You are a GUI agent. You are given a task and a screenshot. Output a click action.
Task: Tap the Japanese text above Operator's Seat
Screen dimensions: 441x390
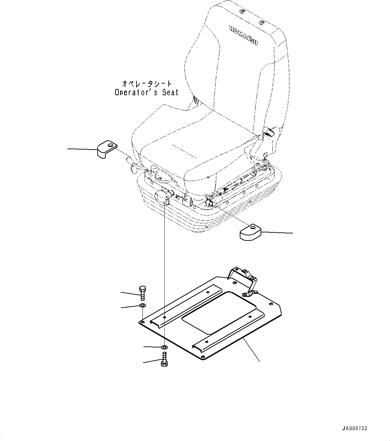pos(143,83)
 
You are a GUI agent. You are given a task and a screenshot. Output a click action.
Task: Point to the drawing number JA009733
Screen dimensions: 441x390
pos(355,429)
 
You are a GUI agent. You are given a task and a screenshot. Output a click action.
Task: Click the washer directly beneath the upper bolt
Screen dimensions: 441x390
pos(142,305)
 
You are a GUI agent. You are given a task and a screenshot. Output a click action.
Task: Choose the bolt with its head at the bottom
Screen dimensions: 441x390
pos(164,360)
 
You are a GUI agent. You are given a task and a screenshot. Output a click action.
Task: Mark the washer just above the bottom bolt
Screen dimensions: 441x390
pos(164,346)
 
